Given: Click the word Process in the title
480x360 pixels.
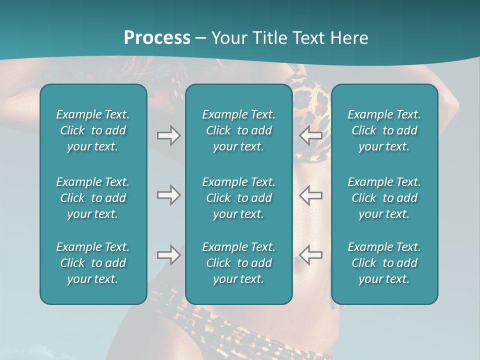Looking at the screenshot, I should click(x=157, y=38).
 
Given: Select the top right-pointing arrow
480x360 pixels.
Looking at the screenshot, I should click(x=168, y=135).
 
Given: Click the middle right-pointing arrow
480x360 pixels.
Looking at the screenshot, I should click(x=168, y=195).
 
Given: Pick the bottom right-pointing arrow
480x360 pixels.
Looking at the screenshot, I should click(x=168, y=255).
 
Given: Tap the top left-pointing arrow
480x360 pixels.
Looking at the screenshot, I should click(x=310, y=135).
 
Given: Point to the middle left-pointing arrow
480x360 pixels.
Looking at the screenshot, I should click(x=310, y=195).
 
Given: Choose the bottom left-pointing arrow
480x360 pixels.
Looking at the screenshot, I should click(x=310, y=255).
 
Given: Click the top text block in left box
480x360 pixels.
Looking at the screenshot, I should click(x=93, y=130).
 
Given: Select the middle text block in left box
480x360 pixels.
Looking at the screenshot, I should click(x=93, y=198).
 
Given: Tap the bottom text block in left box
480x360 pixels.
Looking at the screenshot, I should click(x=93, y=263).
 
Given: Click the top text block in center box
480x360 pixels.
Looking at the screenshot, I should click(x=239, y=130).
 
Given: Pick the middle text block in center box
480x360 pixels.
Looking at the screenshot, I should click(x=239, y=198).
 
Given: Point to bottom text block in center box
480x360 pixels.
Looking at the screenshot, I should click(x=239, y=263).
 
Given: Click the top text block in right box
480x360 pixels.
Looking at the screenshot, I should click(x=384, y=130).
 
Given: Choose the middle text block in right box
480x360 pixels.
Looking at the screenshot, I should click(x=384, y=198).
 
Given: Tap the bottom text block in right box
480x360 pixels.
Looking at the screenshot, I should click(x=384, y=263).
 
